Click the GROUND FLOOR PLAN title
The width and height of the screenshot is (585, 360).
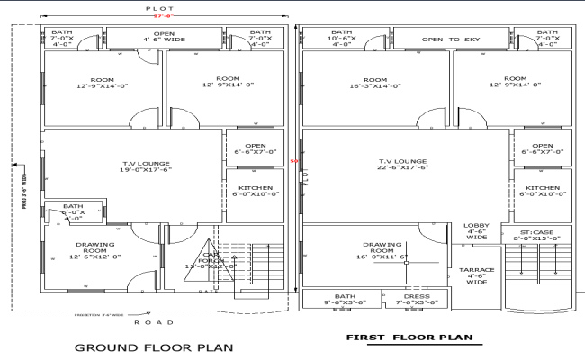tap(154, 346)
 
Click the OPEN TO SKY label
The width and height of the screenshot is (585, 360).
tap(452, 40)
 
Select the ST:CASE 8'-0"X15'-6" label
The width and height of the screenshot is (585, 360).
tap(541, 234)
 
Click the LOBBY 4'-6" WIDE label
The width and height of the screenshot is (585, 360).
tap(476, 231)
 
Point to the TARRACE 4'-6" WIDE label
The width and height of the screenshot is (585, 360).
tap(477, 275)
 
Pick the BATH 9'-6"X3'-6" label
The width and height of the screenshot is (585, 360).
tap(345, 299)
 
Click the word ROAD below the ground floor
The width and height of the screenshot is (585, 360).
tap(148, 322)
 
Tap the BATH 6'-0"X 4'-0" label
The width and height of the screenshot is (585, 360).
tap(73, 211)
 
